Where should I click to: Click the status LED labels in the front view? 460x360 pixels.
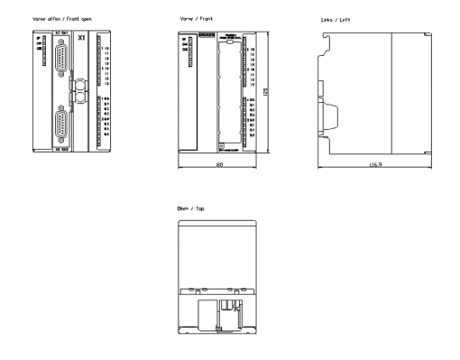point(186,46)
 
